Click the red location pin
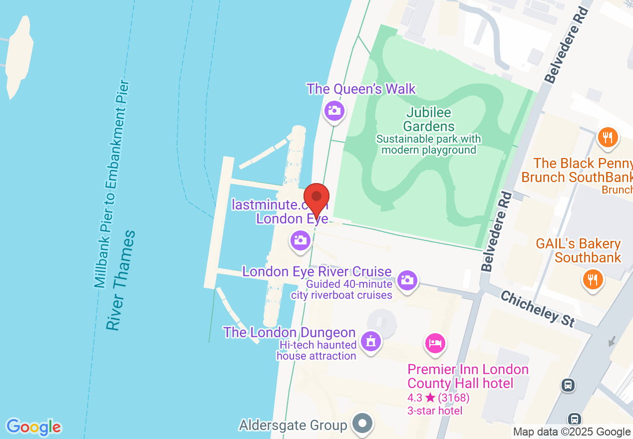tap(316, 198)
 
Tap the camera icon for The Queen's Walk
tap(334, 111)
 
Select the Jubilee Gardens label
tap(429, 120)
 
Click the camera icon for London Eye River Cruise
tap(407, 280)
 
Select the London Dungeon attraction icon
tap(370, 342)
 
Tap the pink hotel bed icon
tap(435, 343)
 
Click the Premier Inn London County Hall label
tap(468, 376)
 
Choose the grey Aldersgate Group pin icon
tap(362, 424)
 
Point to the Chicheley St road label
tap(537, 309)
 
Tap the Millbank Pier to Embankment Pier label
tap(112, 185)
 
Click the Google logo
tap(34, 427)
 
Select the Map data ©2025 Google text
tap(572, 432)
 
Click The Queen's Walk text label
tap(361, 89)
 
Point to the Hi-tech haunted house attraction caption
tap(317, 350)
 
